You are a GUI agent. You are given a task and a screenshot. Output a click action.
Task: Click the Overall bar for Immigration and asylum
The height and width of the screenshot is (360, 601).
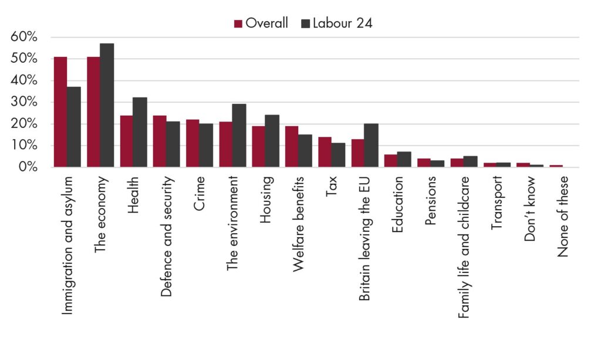60,112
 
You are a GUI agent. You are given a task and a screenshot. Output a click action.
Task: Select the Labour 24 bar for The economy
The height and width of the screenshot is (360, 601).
107,106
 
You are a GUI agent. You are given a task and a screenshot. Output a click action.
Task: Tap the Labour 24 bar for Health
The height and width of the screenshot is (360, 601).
140,132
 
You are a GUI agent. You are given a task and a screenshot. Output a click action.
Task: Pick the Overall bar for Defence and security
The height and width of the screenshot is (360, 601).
160,142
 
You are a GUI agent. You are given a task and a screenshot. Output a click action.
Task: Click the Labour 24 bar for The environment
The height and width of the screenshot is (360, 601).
239,136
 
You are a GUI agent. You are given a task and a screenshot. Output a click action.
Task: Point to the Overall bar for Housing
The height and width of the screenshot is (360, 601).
258,147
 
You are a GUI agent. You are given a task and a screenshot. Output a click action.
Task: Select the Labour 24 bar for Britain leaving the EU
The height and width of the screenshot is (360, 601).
371,145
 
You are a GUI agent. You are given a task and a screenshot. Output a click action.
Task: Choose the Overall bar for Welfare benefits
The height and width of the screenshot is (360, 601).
292,147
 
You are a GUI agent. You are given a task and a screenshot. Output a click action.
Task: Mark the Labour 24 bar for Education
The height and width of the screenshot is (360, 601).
404,160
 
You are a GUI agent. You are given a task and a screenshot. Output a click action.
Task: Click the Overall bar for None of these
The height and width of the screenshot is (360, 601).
556,166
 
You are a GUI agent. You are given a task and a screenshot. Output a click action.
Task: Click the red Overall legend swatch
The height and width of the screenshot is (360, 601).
238,23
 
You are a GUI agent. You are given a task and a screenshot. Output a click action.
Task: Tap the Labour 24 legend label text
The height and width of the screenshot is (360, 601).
342,23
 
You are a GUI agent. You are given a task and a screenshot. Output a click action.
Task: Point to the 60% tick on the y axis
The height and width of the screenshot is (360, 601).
23,37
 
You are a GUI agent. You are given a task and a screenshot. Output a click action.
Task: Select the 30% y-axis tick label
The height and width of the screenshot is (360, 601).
23,102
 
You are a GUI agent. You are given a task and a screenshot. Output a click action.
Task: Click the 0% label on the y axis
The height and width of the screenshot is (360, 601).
28,167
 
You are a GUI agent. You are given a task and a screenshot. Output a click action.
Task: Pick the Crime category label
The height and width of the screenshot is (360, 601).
199,193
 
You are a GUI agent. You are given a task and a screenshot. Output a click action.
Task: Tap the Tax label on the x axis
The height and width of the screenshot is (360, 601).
331,186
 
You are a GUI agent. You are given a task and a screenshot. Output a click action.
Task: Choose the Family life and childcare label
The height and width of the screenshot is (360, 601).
464,247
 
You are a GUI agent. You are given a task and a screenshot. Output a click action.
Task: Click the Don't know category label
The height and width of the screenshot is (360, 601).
530,208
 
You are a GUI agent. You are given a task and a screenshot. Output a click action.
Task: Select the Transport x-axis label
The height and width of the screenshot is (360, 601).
497,203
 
